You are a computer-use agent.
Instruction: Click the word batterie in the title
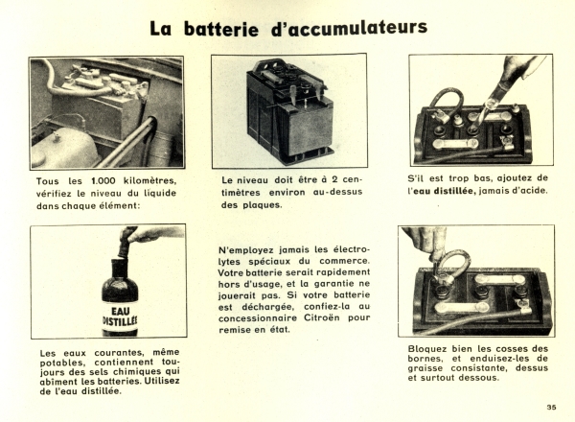pyautogui.click(x=221, y=29)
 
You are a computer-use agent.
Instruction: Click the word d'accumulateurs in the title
pyautogui.click(x=349, y=28)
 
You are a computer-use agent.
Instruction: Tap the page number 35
pyautogui.click(x=551, y=407)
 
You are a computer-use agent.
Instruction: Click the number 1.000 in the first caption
pyautogui.click(x=103, y=180)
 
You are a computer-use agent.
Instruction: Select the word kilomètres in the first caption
pyautogui.click(x=150, y=180)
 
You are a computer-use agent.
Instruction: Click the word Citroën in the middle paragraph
pyautogui.click(x=322, y=317)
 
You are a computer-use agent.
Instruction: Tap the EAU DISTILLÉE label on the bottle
pyautogui.click(x=121, y=316)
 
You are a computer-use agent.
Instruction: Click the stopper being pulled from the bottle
pyautogui.click(x=125, y=245)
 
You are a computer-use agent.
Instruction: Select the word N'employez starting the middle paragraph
pyautogui.click(x=246, y=250)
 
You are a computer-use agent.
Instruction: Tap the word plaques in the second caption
pyautogui.click(x=263, y=205)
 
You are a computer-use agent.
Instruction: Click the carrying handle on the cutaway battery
pyautogui.click(x=268, y=64)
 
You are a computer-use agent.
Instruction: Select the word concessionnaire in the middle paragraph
pyautogui.click(x=258, y=317)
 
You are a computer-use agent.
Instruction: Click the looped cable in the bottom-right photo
pyautogui.click(x=453, y=263)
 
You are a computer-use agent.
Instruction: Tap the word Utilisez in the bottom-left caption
pyautogui.click(x=162, y=381)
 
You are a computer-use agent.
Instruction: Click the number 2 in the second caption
pyautogui.click(x=334, y=179)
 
